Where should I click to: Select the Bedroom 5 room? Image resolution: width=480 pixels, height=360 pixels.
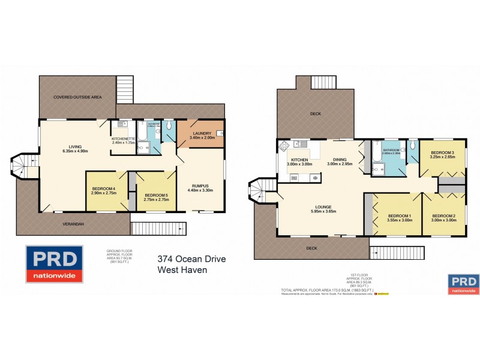pyautogui.click(x=153, y=194)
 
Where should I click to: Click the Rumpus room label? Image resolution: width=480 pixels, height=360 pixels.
pyautogui.click(x=200, y=185)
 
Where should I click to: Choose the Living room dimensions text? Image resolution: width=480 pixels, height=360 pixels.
pyautogui.click(x=75, y=151)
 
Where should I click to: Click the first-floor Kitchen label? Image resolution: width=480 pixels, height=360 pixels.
pyautogui.click(x=299, y=160)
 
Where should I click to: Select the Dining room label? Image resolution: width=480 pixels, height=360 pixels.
pyautogui.click(x=340, y=160)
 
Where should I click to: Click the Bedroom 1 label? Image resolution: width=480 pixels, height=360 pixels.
pyautogui.click(x=398, y=215)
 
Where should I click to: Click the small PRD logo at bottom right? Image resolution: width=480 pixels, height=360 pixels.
pyautogui.click(x=464, y=284)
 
